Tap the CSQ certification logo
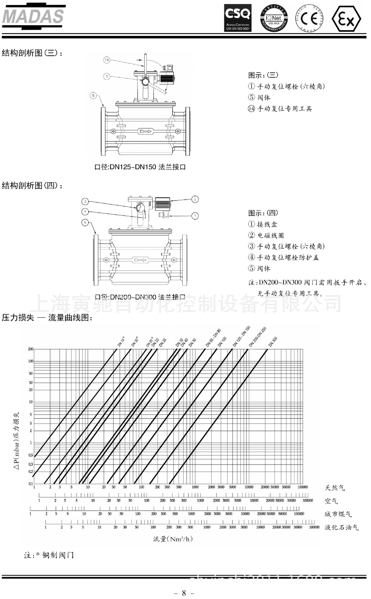pos(238,18)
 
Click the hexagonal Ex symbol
pos(346,18)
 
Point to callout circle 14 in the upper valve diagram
pos(107,60)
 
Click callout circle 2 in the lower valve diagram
pos(195,199)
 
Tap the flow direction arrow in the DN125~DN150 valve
pos(145,131)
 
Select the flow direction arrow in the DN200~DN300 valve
pos(139,260)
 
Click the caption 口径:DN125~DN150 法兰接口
pos(140,167)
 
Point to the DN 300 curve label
pos(273,342)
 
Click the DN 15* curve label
pos(121,341)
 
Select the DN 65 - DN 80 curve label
pos(213,338)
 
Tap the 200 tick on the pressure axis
pos(31,349)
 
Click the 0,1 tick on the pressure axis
pos(31,484)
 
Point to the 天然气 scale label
pos(335,488)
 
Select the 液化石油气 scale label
pos(342,527)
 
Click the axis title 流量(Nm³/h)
pos(173,539)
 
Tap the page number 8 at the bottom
pos(184,593)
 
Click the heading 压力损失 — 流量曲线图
pos(47,318)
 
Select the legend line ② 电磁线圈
pos(266,235)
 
